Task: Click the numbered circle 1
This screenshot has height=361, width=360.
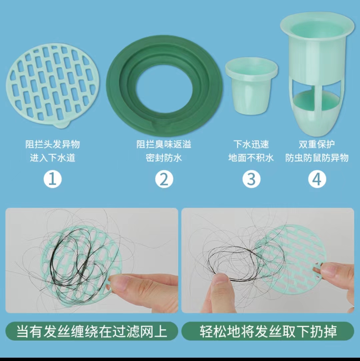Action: [53, 179]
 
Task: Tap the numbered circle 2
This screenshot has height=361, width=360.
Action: [164, 179]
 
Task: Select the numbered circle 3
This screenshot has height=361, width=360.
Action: [251, 179]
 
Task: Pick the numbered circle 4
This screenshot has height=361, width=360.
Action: [317, 179]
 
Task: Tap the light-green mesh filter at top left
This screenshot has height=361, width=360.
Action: [53, 85]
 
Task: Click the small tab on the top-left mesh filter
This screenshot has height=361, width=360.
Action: [62, 124]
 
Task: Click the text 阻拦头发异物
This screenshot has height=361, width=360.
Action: [53, 144]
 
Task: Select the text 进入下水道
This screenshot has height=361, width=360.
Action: [53, 158]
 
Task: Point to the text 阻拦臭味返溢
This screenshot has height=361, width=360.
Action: [164, 144]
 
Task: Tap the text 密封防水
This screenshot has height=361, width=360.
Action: [164, 158]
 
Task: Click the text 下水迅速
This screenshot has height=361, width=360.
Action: [251, 144]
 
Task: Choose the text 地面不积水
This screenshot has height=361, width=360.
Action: [251, 158]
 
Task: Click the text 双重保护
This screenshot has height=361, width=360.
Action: [317, 144]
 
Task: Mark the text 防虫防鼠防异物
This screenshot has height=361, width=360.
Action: [317, 158]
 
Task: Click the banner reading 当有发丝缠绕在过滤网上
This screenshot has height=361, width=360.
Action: [92, 331]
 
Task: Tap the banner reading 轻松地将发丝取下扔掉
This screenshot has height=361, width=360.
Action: [268, 331]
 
